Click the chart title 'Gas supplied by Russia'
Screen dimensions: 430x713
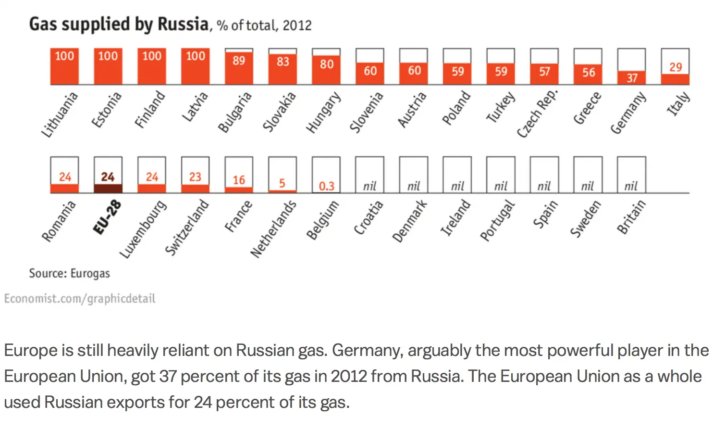pos(119,24)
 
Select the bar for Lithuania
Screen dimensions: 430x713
pos(64,66)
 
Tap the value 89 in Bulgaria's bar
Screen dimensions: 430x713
pos(239,61)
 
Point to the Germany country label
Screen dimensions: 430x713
pos(628,113)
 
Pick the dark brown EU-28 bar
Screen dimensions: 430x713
pos(108,188)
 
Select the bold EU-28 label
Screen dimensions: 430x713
pos(107,218)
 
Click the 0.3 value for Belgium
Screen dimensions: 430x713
pos(326,186)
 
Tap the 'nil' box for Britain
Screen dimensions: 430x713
pos(631,175)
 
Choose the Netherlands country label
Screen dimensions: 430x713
pos(273,229)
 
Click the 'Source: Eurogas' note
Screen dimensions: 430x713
pos(69,273)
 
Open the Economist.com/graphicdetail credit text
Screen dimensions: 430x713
pos(80,299)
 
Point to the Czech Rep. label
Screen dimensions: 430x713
pos(537,114)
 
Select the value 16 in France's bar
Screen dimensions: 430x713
pos(239,180)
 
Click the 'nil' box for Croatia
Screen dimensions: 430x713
pos(369,175)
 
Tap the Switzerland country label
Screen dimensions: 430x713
pos(187,228)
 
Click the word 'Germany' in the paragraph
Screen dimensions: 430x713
pos(366,350)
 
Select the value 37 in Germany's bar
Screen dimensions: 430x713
pos(631,78)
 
